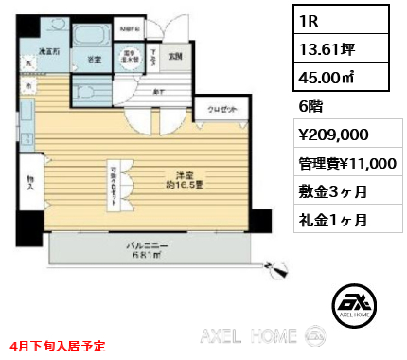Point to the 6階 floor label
click(x=312, y=108)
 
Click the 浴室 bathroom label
click(x=96, y=59)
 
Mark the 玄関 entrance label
click(x=175, y=54)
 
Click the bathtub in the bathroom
click(x=92, y=37)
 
